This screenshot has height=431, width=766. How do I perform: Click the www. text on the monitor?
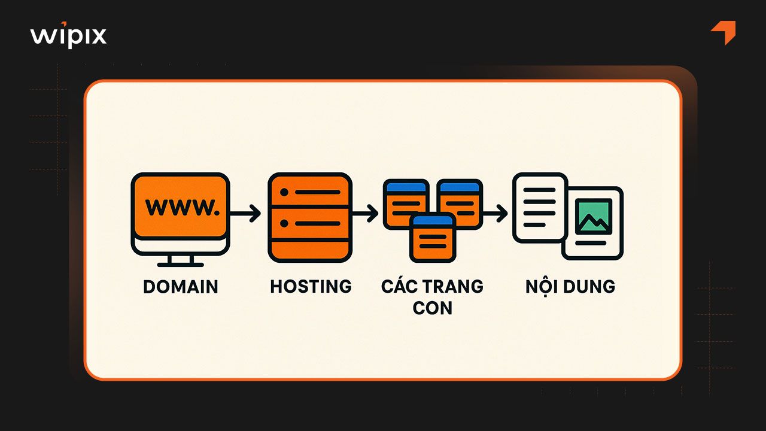180,207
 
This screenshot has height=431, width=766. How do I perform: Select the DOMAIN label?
181,287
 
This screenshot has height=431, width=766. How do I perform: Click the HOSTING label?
311,287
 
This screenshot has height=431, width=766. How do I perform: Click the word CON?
432,308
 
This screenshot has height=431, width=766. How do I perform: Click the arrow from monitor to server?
245,213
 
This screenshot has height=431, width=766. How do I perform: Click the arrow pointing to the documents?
494,213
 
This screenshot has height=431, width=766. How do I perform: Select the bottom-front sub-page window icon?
433,238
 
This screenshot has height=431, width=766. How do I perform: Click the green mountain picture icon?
593,216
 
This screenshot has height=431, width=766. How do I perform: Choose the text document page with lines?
539,207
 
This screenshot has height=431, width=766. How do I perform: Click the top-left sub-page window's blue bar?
406,186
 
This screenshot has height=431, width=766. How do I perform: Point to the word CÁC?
399,287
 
